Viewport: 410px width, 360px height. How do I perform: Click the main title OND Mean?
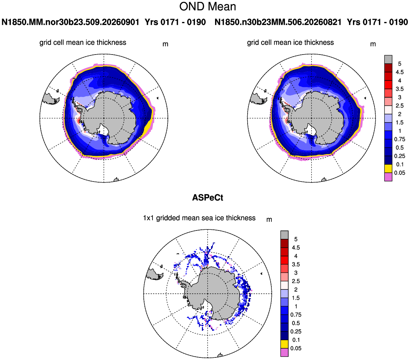(x=208, y=7)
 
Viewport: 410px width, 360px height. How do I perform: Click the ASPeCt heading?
(x=208, y=198)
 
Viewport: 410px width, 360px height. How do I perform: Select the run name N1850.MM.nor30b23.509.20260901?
(x=70, y=22)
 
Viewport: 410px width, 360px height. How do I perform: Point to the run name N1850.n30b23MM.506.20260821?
(x=278, y=22)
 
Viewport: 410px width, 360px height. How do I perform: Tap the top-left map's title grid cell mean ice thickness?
(x=83, y=42)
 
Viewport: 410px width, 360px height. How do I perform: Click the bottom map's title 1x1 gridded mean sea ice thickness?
(x=199, y=218)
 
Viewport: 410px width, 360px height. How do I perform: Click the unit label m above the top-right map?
(x=373, y=44)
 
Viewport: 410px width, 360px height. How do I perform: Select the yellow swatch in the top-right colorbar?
(x=388, y=169)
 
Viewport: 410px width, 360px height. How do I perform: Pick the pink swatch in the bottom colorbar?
(x=285, y=352)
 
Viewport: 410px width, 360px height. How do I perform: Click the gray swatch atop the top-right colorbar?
(x=388, y=59)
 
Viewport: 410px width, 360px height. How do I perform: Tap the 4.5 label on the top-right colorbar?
(x=399, y=72)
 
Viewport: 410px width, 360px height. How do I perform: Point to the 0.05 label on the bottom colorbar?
(x=296, y=348)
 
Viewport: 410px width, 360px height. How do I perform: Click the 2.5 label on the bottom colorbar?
(x=296, y=281)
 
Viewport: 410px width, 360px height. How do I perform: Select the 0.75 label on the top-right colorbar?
(x=399, y=139)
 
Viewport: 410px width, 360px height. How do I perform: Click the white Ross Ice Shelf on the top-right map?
(x=311, y=130)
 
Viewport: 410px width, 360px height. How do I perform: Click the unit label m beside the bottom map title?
(x=269, y=220)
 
